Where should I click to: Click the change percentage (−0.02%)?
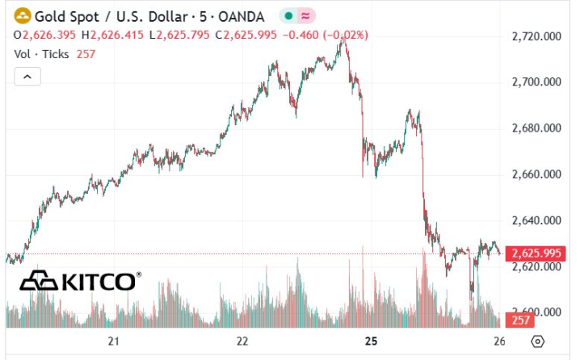point(347,35)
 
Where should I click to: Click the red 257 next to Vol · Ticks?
point(86,53)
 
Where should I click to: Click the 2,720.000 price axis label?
point(536,36)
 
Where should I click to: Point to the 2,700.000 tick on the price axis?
point(536,82)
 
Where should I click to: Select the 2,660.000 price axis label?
point(536,174)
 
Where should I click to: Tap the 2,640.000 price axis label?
point(536,220)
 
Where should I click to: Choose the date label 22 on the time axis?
point(242,341)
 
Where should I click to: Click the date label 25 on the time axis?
point(371,341)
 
